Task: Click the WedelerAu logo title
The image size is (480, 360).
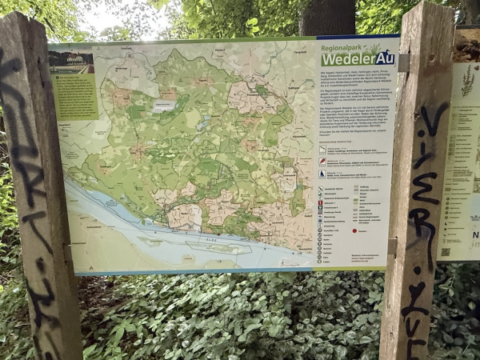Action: coord(358,58)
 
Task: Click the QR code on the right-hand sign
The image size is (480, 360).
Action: coord(446,251)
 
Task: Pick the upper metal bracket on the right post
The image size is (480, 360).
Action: coord(404,62)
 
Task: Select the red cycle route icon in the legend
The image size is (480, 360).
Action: coord(322,161)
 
